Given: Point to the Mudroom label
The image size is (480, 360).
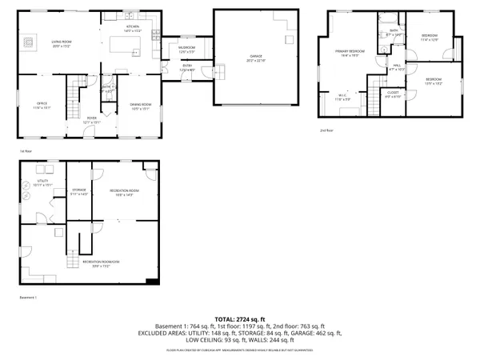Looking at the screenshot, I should (x=186, y=50).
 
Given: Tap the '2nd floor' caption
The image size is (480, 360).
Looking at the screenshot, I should (x=326, y=130).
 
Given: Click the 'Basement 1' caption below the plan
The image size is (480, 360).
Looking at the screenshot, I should (x=28, y=298).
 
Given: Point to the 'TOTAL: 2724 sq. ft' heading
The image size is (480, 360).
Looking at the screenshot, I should (x=240, y=318).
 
